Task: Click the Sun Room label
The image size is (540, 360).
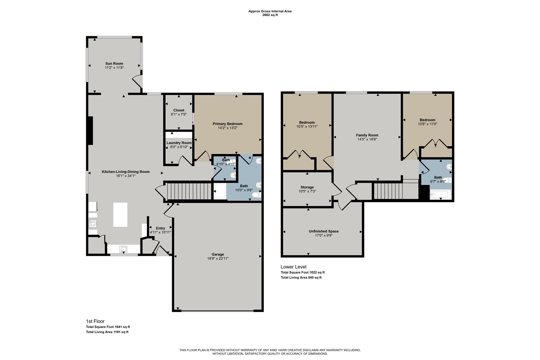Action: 114,63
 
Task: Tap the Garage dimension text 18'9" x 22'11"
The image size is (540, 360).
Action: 218,258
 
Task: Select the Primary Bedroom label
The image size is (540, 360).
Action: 227,124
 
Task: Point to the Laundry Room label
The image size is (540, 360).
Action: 179,143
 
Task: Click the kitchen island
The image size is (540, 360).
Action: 120,214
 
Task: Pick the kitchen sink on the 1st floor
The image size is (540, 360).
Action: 124,249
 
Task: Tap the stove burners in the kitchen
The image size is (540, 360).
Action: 93,224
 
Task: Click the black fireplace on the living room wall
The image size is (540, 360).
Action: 90,131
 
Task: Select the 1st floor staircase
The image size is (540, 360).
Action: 189,192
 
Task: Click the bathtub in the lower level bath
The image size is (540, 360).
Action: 440,195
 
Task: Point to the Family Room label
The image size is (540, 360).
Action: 367,135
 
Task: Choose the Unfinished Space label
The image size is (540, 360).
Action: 324,231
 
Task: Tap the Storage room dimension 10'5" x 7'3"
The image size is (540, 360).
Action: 307,191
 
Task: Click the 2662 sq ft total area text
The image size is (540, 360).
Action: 270,15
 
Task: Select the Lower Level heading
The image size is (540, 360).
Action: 293,267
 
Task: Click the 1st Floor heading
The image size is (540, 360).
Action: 95,321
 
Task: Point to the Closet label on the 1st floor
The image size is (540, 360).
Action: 178,110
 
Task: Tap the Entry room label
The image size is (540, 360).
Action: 160,228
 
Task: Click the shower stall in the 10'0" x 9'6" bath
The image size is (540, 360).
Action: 220,191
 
